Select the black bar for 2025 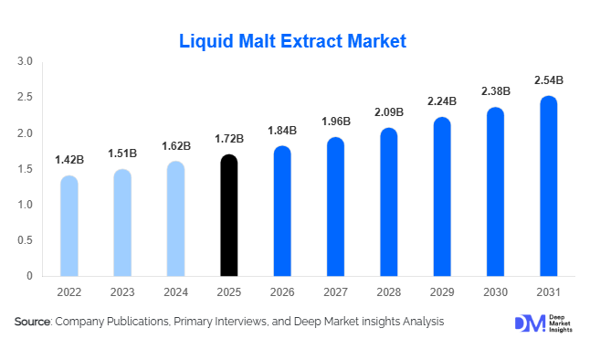tap(229, 216)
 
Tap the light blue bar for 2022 tap(68, 226)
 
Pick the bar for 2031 tap(548, 186)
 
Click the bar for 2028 tap(388, 202)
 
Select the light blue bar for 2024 tap(175, 219)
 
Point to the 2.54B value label tap(548, 80)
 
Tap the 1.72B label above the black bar tap(229, 139)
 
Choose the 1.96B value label tap(335, 122)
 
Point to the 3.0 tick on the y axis tap(25, 62)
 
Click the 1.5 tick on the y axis tap(25, 169)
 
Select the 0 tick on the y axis tap(29, 276)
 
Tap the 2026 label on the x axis tap(282, 294)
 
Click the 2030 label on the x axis tap(495, 294)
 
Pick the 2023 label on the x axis tap(122, 294)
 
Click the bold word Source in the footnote tap(32, 322)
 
